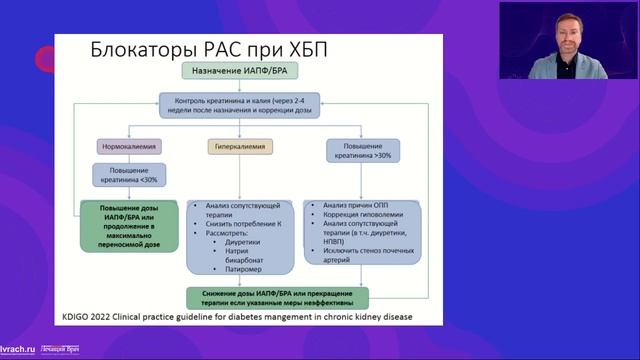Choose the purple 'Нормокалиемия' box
(x=125, y=146)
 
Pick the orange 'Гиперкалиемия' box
(x=237, y=146)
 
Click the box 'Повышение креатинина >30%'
(x=361, y=151)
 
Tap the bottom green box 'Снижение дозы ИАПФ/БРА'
(x=277, y=296)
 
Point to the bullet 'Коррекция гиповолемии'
(x=360, y=214)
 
